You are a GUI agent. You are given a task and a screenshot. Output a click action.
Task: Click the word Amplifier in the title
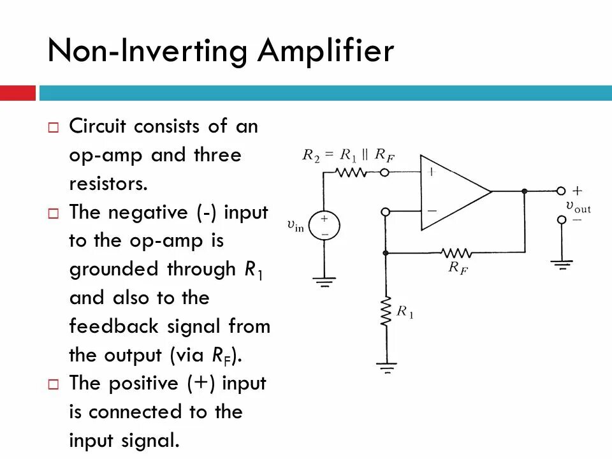click(x=325, y=51)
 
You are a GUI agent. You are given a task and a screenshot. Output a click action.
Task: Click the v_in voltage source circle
click(x=324, y=226)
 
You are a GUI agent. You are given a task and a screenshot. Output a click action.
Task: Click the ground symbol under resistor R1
click(x=385, y=368)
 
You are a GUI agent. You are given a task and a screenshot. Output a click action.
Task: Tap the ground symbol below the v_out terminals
click(x=562, y=263)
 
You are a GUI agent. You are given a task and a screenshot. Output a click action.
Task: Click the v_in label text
click(x=296, y=225)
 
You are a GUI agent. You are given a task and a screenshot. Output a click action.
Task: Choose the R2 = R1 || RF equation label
click(x=348, y=154)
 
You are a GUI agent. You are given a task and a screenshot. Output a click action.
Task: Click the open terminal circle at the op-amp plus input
click(x=385, y=172)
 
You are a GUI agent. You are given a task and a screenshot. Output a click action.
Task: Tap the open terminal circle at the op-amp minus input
click(x=385, y=212)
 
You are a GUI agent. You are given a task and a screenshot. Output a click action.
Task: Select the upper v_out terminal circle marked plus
click(x=562, y=191)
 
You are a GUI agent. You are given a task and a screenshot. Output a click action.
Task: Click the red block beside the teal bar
click(x=17, y=93)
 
